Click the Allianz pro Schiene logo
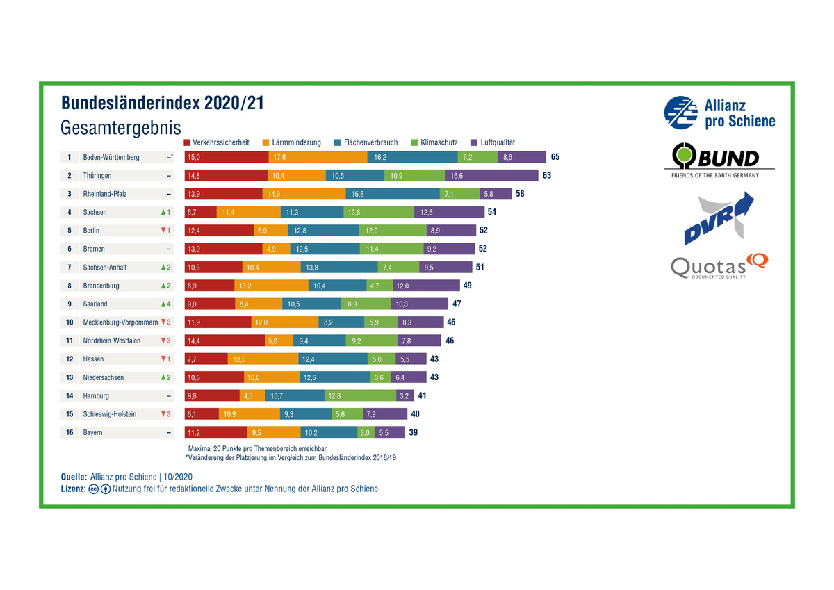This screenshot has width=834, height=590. [x=719, y=113]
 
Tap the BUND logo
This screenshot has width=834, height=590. [x=719, y=160]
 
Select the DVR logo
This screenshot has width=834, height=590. [x=719, y=218]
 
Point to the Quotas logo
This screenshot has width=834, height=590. [x=719, y=266]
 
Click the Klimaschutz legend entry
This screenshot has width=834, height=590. [x=434, y=142]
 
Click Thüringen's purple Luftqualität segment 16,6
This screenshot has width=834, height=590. [x=491, y=176]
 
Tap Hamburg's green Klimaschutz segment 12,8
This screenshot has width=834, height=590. [x=360, y=396]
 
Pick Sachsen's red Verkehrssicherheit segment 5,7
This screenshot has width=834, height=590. [x=200, y=213]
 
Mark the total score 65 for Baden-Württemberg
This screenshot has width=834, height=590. [x=555, y=157]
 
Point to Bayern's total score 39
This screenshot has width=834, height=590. [x=414, y=432]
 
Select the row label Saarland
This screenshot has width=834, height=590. [x=96, y=304]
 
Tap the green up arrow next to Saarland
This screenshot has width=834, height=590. [x=163, y=304]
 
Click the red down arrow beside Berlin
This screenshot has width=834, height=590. [x=163, y=231]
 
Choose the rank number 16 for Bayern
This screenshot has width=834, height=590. [x=69, y=432]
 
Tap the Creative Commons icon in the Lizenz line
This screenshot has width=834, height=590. [x=93, y=489]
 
